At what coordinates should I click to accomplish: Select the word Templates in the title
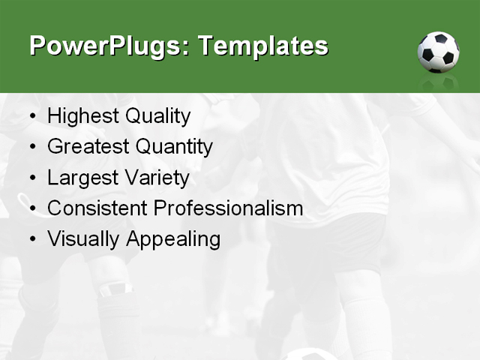point(262,46)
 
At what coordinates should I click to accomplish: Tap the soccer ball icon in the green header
point(438,52)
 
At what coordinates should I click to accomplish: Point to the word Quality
point(157,116)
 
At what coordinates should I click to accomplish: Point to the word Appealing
point(173,239)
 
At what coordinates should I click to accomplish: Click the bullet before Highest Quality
point(32,117)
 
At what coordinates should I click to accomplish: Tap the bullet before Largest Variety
point(32,178)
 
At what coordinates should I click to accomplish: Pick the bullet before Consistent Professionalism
point(32,209)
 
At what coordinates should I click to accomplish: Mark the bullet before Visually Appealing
point(32,240)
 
